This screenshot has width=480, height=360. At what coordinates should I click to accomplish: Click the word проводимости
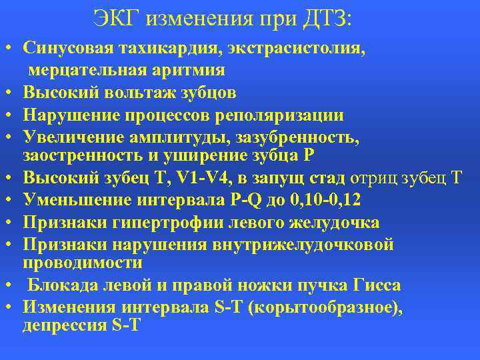[x=83, y=263]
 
